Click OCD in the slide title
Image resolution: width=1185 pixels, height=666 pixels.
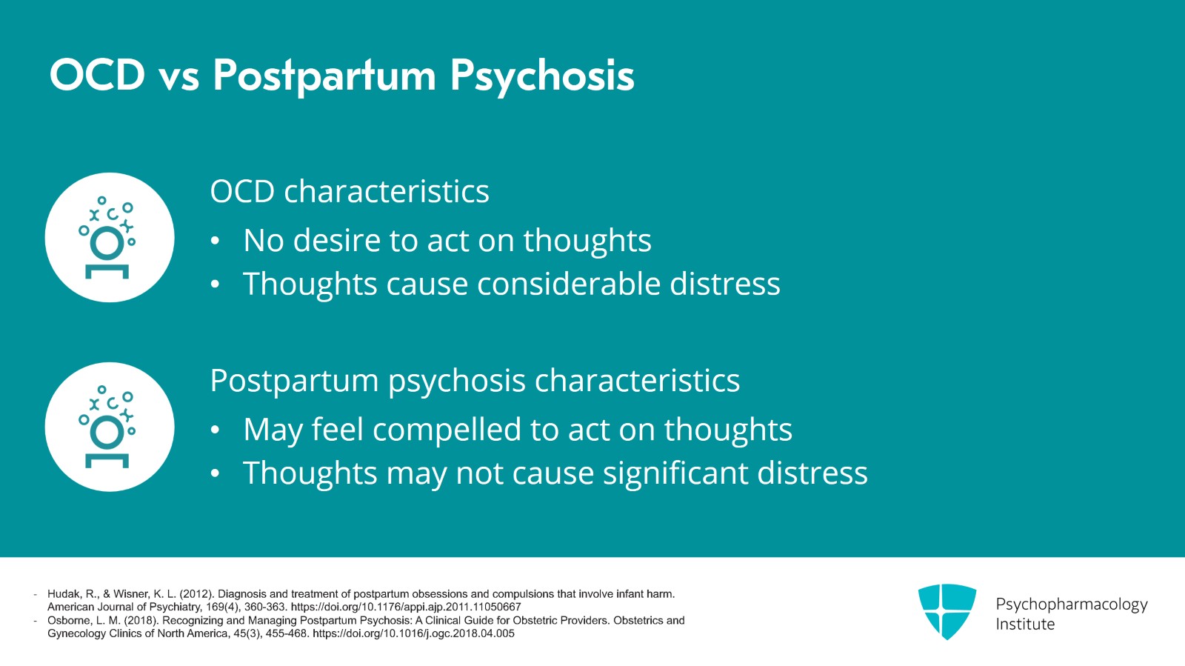(x=97, y=76)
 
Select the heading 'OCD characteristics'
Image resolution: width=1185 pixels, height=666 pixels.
(x=349, y=192)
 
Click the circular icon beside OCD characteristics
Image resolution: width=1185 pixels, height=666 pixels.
(x=110, y=238)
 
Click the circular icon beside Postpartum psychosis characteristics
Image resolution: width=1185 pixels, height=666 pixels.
(x=110, y=427)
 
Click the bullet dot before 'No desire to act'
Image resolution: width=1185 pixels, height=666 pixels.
(x=215, y=242)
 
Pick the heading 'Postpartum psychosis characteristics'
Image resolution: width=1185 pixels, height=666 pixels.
(x=475, y=381)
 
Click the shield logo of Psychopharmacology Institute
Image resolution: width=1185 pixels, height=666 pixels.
(x=947, y=611)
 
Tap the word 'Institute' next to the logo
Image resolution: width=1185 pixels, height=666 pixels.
(x=1025, y=625)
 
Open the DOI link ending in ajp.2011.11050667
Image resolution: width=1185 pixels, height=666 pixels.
(x=406, y=607)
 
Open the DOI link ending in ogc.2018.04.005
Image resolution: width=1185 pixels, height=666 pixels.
(x=413, y=633)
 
